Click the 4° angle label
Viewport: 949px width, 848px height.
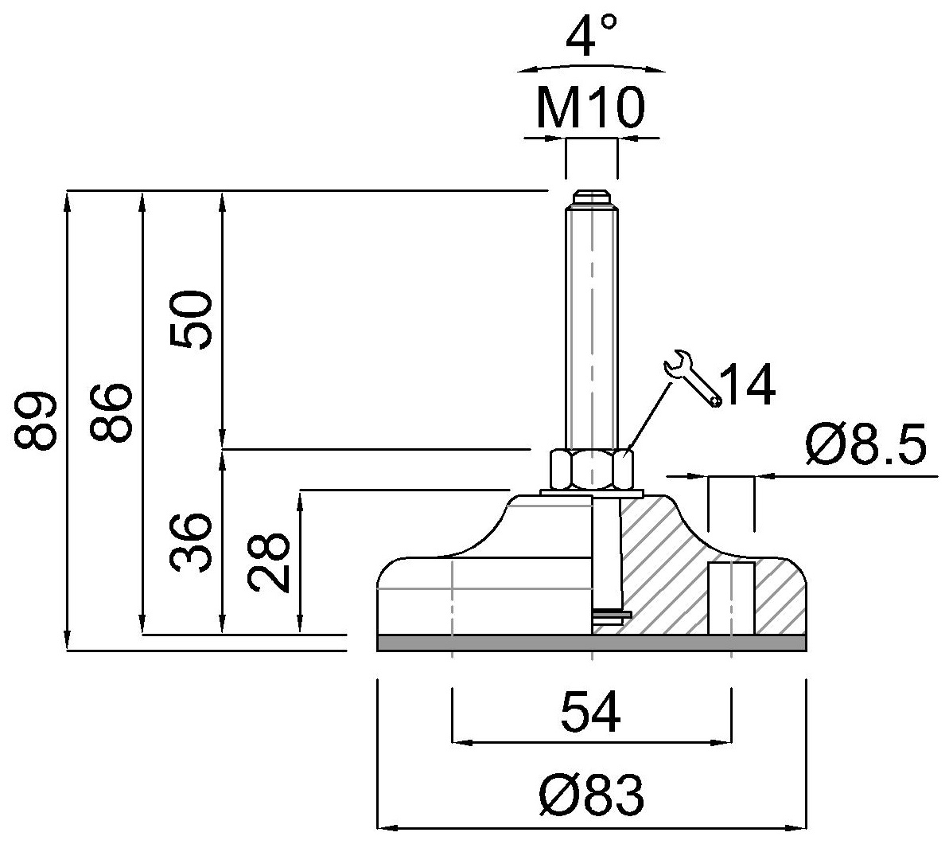(591, 37)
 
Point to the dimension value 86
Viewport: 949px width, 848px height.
(110, 412)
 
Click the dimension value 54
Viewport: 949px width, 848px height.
(590, 712)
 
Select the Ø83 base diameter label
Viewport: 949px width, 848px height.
(590, 795)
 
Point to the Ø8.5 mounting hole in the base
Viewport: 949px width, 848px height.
(731, 598)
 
